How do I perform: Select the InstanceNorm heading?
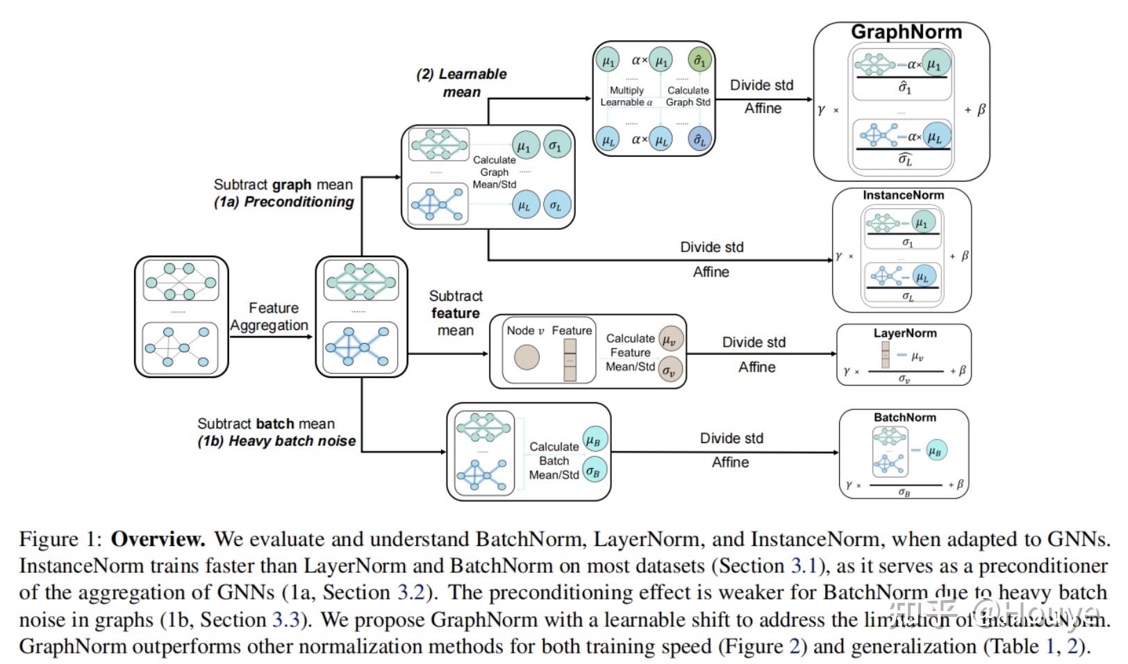(x=903, y=196)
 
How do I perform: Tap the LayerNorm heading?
(x=904, y=333)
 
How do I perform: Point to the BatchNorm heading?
(x=904, y=417)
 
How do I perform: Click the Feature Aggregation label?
(x=271, y=317)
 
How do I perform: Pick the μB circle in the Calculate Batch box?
(x=594, y=440)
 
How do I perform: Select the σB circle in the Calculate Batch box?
(x=594, y=472)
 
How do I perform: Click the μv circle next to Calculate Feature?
(x=670, y=340)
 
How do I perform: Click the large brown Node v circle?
(x=526, y=358)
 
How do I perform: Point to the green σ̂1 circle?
(x=699, y=61)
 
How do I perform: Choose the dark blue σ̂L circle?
(x=699, y=140)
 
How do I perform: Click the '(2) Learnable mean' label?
(x=462, y=83)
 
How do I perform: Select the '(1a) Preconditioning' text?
(x=284, y=202)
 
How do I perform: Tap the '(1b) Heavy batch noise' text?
(x=276, y=441)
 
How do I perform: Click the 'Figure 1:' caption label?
(x=60, y=540)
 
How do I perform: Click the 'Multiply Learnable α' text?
(x=627, y=97)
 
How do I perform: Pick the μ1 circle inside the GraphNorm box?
(x=935, y=65)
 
